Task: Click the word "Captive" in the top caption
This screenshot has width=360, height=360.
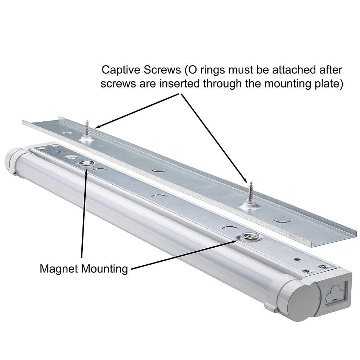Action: tap(118, 69)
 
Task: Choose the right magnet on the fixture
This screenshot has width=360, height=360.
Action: tap(247, 236)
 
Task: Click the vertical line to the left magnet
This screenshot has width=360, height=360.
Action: tap(84, 216)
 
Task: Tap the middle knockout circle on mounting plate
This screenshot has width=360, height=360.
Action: tap(159, 168)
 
